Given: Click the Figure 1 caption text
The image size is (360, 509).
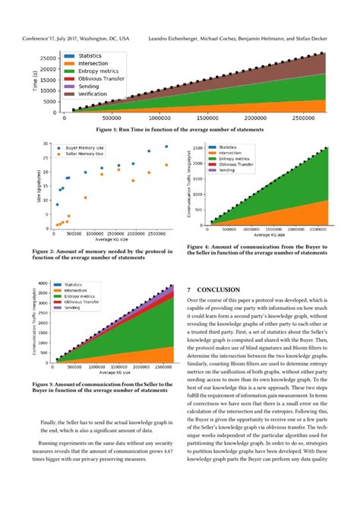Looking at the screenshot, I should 179,129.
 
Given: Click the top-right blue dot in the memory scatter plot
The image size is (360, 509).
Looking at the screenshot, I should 167,147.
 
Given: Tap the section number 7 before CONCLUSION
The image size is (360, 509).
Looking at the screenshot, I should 189,289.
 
